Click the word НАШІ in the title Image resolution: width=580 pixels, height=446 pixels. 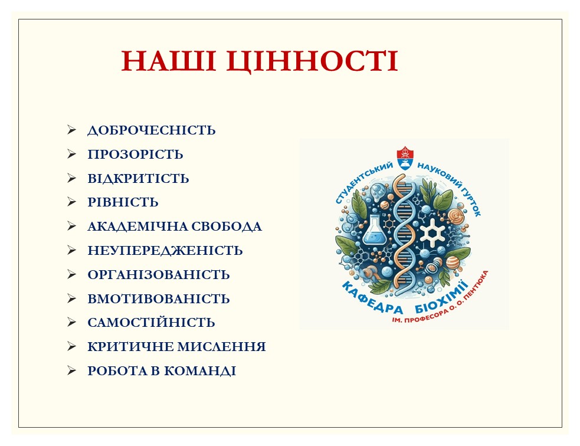[x=169, y=61]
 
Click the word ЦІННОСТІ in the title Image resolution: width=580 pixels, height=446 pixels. [x=312, y=61]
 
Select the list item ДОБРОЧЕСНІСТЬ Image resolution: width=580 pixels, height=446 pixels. [x=151, y=130]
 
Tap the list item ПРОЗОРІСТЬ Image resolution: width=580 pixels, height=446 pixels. [x=135, y=154]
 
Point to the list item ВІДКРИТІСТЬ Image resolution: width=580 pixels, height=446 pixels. [x=138, y=179]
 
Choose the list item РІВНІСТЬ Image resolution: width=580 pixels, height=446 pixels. [x=123, y=202]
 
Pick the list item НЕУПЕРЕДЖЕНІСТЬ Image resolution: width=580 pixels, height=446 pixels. [x=165, y=251]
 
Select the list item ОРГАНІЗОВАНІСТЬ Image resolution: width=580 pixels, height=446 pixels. [x=158, y=275]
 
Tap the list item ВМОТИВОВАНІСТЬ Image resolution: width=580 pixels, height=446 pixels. [x=158, y=299]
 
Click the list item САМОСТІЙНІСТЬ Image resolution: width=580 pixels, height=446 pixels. [x=151, y=323]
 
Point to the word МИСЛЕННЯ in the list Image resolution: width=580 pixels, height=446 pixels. [x=222, y=347]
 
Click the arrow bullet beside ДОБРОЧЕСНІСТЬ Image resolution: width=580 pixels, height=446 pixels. [x=71, y=130]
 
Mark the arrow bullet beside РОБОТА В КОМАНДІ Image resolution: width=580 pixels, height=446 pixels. [x=71, y=370]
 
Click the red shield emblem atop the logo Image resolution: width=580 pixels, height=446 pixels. [x=405, y=158]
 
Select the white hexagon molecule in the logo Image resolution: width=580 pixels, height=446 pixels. [x=432, y=233]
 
